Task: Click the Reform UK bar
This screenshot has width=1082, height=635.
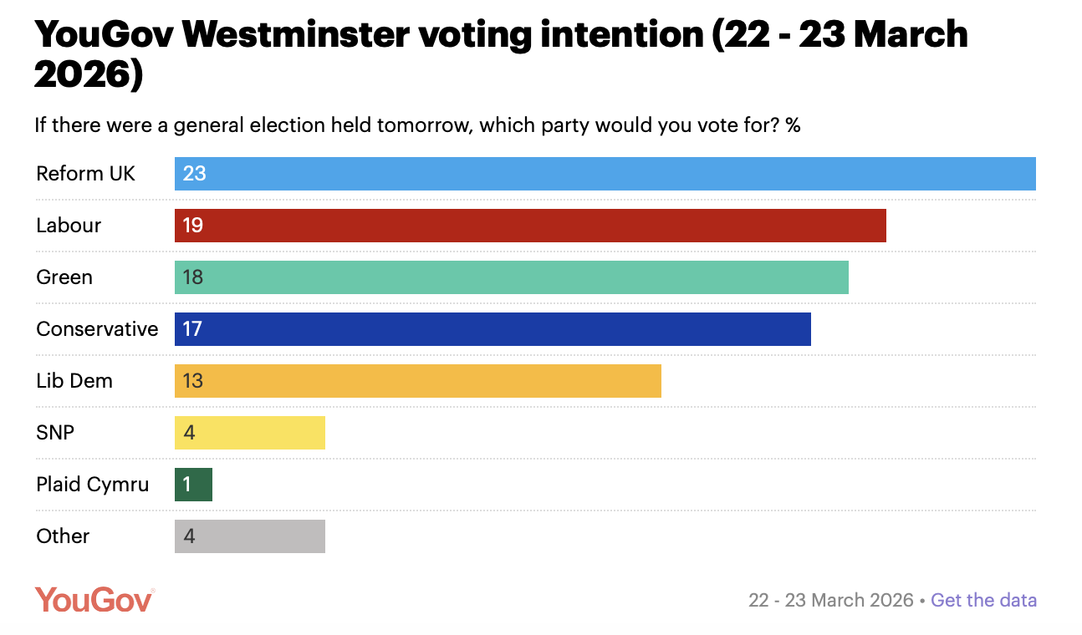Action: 605,174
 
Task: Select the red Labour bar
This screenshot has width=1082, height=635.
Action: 530,226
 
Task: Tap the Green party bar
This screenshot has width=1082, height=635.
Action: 511,277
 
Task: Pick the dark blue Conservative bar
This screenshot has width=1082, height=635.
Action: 493,329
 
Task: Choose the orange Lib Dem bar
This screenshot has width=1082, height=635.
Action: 418,381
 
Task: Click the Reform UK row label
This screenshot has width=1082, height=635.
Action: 85,174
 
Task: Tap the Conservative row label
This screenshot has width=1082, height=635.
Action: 97,329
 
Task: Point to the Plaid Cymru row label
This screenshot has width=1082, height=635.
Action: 92,485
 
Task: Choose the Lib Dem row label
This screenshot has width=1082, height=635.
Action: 74,381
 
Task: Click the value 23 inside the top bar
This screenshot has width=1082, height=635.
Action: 194,174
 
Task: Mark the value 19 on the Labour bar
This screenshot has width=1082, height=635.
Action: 192,226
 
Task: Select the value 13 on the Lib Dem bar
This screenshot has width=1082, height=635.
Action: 192,381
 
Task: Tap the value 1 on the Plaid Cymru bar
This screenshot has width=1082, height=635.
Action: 187,485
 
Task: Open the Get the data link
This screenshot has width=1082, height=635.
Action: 983,600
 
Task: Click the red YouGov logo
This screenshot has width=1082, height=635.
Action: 94,599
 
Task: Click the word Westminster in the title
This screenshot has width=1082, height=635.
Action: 294,35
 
